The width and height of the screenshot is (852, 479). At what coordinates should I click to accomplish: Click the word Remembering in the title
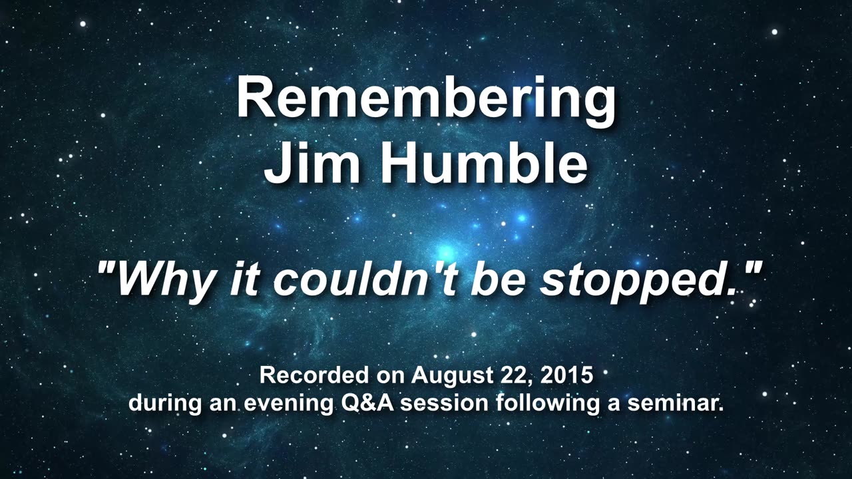pyautogui.click(x=426, y=98)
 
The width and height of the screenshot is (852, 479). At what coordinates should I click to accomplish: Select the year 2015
pyautogui.click(x=566, y=375)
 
